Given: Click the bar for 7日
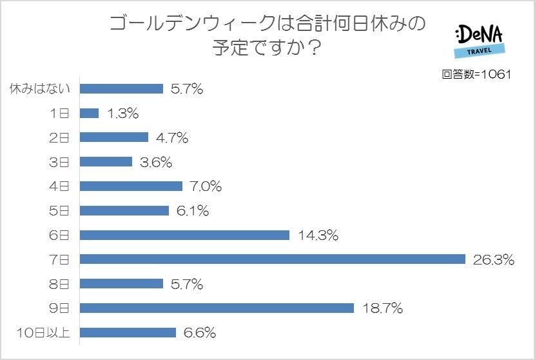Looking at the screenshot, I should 272,259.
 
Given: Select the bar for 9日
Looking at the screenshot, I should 217,308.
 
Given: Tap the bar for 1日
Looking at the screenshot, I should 90,113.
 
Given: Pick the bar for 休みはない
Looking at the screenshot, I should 121,89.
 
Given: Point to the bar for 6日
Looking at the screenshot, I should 184,235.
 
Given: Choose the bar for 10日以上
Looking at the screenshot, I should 128,333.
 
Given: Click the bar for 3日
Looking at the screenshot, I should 106,162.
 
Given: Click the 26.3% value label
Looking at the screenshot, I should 493,260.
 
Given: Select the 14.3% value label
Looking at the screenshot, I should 318,235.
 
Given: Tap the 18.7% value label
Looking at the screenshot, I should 382,309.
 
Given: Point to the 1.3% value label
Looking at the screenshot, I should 122,114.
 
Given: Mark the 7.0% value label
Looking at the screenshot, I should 206,186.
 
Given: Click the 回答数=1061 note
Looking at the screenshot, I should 476,74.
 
